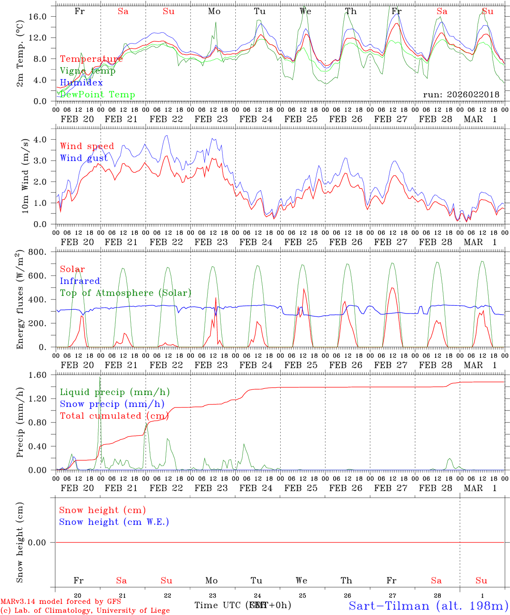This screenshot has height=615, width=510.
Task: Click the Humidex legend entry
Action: point(81,83)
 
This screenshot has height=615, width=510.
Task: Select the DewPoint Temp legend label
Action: point(97,95)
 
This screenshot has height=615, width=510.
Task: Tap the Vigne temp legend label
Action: point(88,71)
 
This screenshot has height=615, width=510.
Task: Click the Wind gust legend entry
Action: point(84,158)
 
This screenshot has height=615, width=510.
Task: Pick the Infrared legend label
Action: point(80,281)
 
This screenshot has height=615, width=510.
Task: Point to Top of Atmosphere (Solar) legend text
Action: point(126,293)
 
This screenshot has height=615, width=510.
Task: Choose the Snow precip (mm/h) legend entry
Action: point(112,404)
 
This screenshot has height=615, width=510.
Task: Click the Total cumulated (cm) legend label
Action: point(114,416)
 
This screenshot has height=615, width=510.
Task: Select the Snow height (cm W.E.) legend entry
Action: point(114,522)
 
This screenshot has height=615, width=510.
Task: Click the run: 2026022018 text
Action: point(461,95)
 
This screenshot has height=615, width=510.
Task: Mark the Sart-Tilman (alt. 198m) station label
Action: point(428,606)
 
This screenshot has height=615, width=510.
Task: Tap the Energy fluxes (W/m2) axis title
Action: point(20,300)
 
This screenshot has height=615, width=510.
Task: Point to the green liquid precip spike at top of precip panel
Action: point(100,378)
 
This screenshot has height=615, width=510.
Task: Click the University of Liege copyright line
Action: point(85,611)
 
